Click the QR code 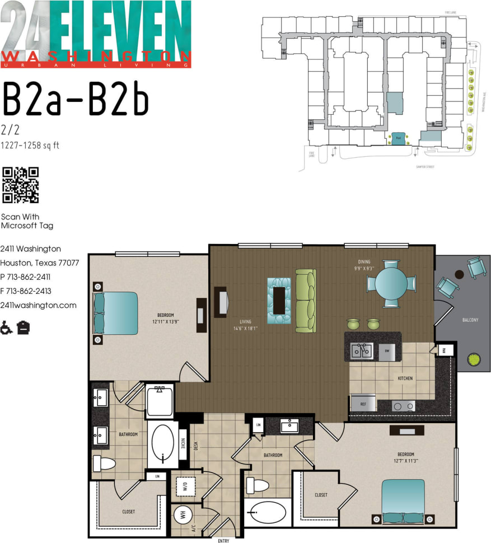pos(21,185)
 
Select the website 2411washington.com pos(38,305)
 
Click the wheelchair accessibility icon pos(7,327)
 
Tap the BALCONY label pos(470,320)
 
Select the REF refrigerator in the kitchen pos(360,403)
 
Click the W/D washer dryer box pos(182,486)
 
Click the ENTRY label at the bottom pos(223,540)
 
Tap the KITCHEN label pos(405,378)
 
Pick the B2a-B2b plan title pos(76,100)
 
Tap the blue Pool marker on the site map pos(398,137)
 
